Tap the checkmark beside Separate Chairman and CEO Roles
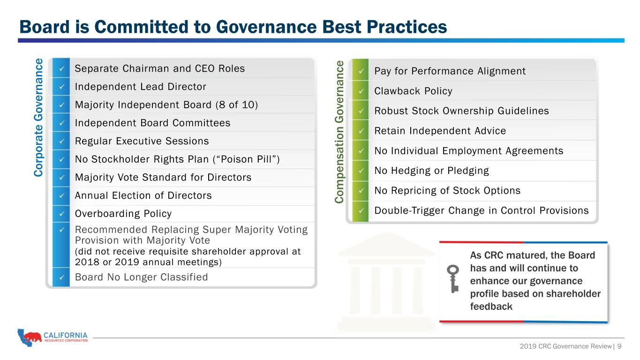pyautogui.click(x=61, y=68)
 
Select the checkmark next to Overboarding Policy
pyautogui.click(x=61, y=213)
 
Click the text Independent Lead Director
pyautogui.click(x=140, y=87)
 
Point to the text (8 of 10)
pyautogui.click(x=237, y=105)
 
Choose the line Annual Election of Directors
pyautogui.click(x=143, y=195)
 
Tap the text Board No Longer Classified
pyautogui.click(x=141, y=277)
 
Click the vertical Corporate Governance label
pyautogui.click(x=38, y=118)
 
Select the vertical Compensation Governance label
pyautogui.click(x=339, y=132)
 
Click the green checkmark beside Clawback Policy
pyautogui.click(x=361, y=91)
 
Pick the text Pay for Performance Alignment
pyautogui.click(x=450, y=71)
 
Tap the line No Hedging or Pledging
pyautogui.click(x=431, y=171)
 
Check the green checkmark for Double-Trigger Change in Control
pyautogui.click(x=361, y=210)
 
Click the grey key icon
pyautogui.click(x=453, y=279)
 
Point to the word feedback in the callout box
pyautogui.click(x=491, y=307)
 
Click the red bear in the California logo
pyautogui.click(x=33, y=337)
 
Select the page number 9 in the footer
pyautogui.click(x=619, y=346)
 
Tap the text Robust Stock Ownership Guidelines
pyautogui.click(x=461, y=111)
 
